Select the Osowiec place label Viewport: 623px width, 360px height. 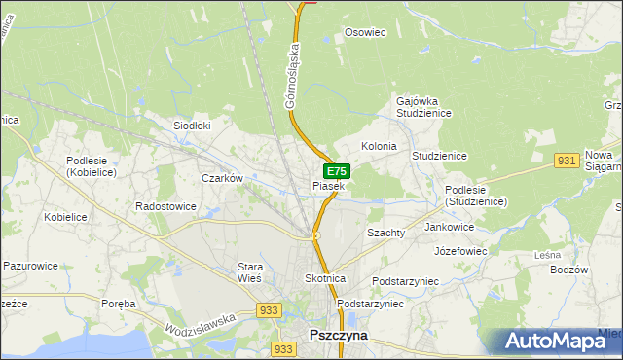pos(366,32)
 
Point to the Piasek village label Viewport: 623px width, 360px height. pos(328,186)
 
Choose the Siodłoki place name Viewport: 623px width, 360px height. pos(192,126)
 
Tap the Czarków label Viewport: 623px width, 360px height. pos(221,178)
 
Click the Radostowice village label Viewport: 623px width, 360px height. pos(166,206)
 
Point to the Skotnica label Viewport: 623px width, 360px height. pos(325,278)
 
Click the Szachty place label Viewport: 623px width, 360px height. pos(385,234)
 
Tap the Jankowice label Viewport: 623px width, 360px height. pos(450,227)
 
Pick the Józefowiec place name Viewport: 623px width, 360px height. pos(460,250)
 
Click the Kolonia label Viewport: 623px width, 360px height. pos(379,146)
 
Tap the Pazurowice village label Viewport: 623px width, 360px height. pos(31,265)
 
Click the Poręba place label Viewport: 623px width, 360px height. pos(119,304)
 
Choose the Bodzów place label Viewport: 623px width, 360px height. pos(568,270)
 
